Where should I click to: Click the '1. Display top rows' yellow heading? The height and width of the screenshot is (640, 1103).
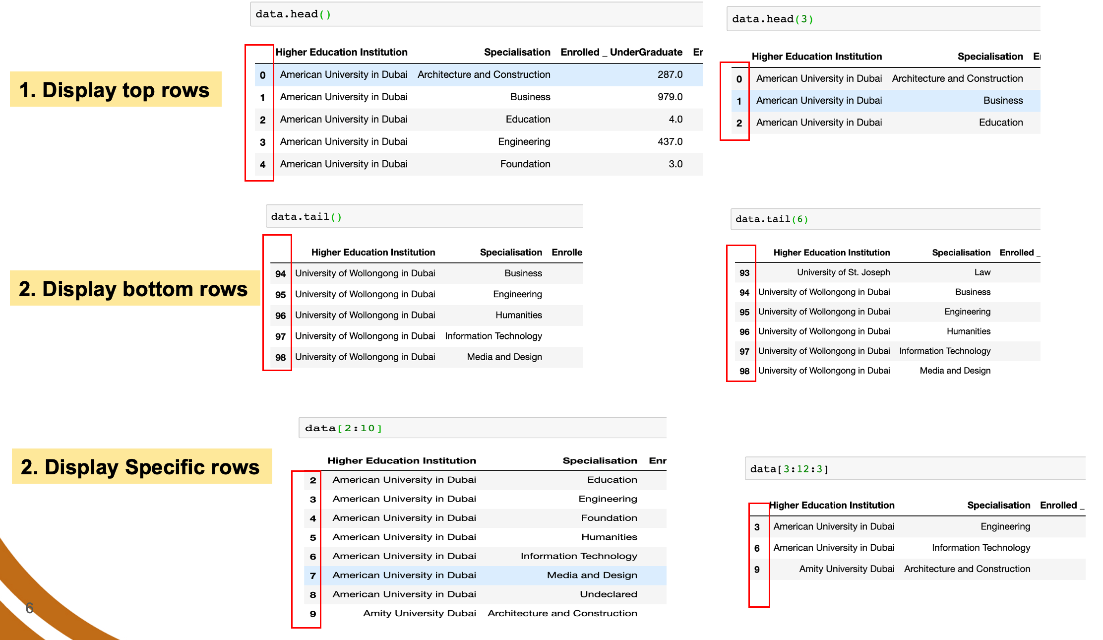(x=116, y=89)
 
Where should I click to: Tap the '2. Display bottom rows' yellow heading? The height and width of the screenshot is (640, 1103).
(x=134, y=288)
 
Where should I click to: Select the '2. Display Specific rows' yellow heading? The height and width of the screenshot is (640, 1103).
(x=142, y=466)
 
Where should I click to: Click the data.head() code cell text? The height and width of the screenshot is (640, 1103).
(x=293, y=14)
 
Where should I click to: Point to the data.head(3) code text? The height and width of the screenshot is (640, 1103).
(x=773, y=19)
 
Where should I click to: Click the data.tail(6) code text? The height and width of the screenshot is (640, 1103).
(x=772, y=219)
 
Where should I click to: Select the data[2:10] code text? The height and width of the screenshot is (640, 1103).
(x=343, y=428)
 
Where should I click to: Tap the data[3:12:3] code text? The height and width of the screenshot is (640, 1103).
(x=789, y=469)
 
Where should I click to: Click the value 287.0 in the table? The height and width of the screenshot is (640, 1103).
(x=670, y=74)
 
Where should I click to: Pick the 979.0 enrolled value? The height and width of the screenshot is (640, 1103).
(x=670, y=97)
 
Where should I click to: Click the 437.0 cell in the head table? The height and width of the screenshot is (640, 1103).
(x=670, y=141)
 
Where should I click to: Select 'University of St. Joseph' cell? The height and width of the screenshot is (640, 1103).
(x=843, y=272)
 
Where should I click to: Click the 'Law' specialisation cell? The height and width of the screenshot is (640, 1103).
(x=982, y=272)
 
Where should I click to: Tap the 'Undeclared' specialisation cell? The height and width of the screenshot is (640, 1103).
(x=609, y=594)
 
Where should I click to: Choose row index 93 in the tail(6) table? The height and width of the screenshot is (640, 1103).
(x=744, y=272)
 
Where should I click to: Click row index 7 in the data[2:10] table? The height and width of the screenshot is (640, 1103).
(x=313, y=576)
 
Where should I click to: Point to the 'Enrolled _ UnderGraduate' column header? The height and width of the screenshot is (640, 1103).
(x=621, y=52)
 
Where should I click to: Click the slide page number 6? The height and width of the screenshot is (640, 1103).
(x=30, y=608)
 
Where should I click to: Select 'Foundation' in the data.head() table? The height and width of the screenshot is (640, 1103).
(x=525, y=164)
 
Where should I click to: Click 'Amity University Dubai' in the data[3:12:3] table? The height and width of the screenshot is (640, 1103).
(x=847, y=569)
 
